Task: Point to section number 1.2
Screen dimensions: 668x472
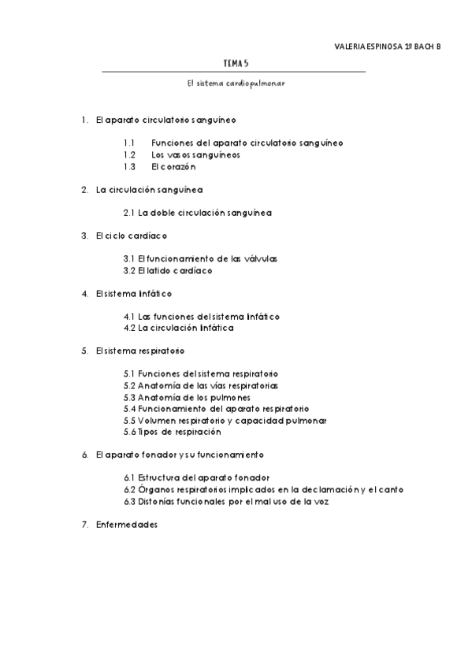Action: pos(130,155)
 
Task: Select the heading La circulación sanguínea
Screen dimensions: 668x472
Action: pos(149,190)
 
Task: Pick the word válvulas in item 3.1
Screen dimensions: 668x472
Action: pos(260,258)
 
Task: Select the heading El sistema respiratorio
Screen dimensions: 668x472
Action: pos(139,351)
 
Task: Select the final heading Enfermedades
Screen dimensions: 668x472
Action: pos(126,524)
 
